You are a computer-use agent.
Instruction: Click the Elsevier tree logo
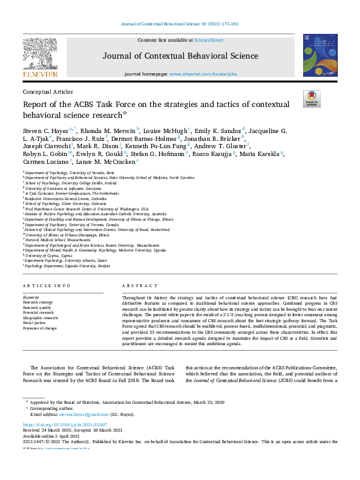click(x=41, y=56)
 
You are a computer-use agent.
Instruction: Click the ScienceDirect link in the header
click(x=208, y=40)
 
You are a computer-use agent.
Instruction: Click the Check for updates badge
click(x=312, y=99)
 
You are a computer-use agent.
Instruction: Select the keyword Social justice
click(x=34, y=322)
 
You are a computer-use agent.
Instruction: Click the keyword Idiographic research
click(x=41, y=317)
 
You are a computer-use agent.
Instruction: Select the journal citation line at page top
click(x=180, y=24)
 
